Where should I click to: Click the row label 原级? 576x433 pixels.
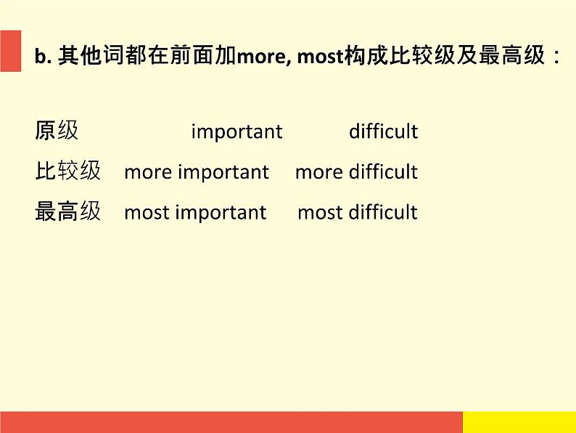[x=57, y=130]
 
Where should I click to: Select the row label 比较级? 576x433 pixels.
[x=68, y=171]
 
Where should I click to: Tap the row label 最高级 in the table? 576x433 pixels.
[x=68, y=211]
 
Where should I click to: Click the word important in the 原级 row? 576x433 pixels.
[x=237, y=131]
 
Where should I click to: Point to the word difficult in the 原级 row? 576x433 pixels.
[x=384, y=131]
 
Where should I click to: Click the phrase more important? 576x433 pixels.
[x=197, y=172]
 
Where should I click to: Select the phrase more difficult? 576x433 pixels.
[x=357, y=171]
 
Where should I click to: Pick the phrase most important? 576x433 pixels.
[x=195, y=213]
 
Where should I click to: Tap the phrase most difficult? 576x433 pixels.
[x=358, y=212]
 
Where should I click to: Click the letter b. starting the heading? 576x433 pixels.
[x=43, y=56]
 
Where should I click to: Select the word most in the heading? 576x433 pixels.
[x=320, y=57]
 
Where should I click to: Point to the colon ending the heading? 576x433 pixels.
[x=557, y=57]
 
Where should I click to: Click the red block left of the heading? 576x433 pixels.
[x=11, y=51]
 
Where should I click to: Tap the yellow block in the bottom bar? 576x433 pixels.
[x=519, y=422]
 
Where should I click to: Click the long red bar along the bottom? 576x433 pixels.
[x=231, y=422]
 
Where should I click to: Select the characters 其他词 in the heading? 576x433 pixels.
[x=91, y=55]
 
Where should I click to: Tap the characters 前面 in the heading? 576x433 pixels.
[x=192, y=55]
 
